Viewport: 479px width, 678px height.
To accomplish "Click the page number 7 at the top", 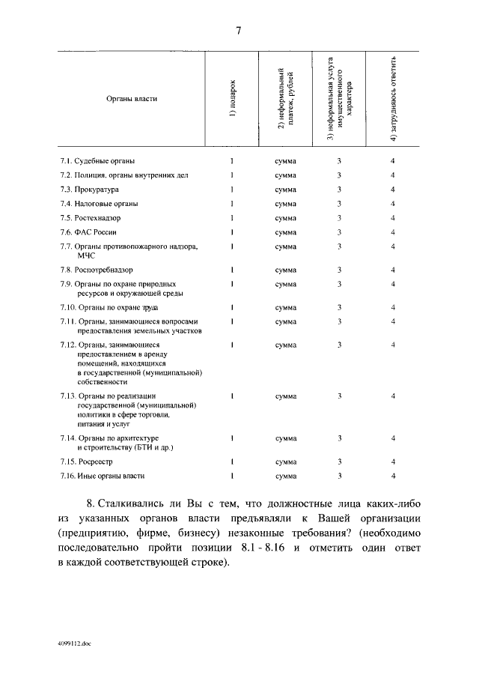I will click(x=239, y=31).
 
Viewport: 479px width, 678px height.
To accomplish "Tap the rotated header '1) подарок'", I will click(x=233, y=98).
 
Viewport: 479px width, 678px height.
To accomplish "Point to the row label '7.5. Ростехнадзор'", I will click(x=91, y=218).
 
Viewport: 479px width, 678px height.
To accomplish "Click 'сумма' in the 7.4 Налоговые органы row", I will click(x=285, y=204).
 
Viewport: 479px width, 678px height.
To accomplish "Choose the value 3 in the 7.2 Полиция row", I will click(x=339, y=175).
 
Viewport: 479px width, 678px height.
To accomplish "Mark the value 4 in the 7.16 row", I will click(x=393, y=476).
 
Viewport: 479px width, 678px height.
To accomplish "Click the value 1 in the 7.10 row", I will click(x=233, y=307).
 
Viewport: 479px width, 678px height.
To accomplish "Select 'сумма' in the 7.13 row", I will click(x=285, y=396).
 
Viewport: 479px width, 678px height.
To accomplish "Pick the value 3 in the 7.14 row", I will click(x=339, y=438).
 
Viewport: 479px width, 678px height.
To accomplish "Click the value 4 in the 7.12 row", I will click(x=393, y=345).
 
